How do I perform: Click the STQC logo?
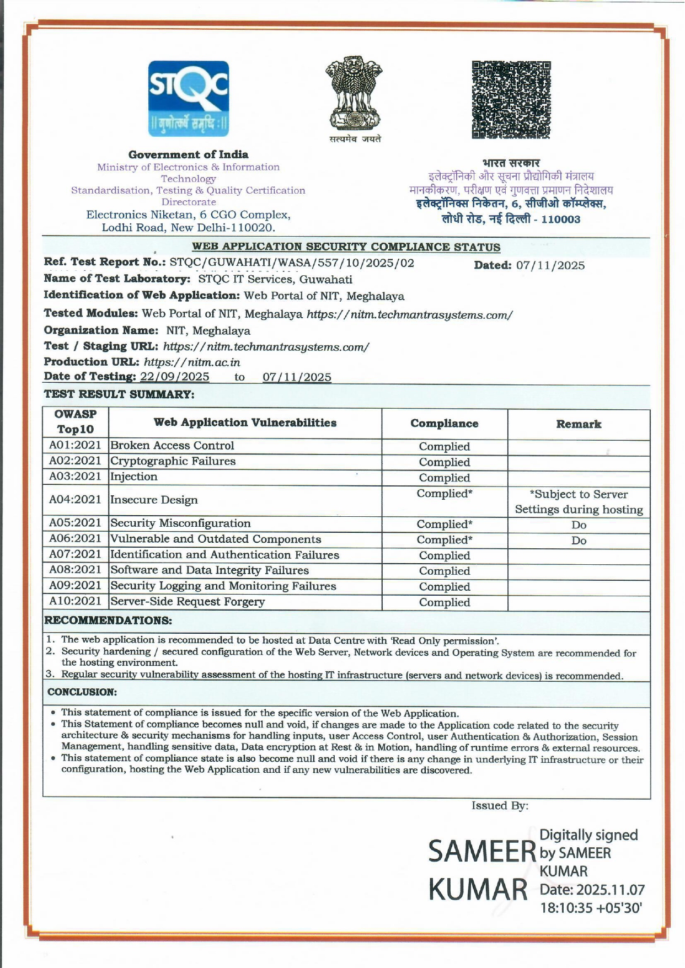[188, 99]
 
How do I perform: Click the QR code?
[511, 100]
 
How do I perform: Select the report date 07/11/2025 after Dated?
[550, 266]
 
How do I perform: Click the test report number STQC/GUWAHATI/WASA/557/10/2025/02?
[292, 263]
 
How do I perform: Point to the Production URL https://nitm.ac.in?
[192, 362]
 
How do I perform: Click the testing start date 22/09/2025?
[175, 377]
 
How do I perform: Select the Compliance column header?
[444, 424]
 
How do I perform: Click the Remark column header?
[578, 425]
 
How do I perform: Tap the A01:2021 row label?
[75, 446]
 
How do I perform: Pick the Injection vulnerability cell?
[134, 477]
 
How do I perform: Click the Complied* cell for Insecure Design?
[444, 494]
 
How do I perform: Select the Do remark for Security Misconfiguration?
[579, 525]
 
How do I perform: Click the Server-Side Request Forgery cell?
[188, 602]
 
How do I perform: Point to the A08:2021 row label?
[75, 570]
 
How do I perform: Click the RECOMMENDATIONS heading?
[108, 621]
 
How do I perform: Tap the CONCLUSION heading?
[82, 692]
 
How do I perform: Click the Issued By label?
[500, 806]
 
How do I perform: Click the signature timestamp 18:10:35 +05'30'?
[591, 908]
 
